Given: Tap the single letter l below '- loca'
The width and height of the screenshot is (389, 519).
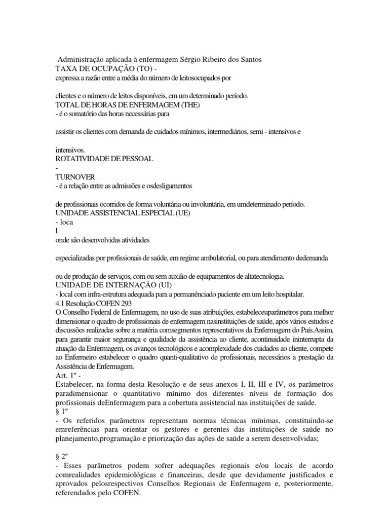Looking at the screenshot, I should [x=57, y=231].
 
